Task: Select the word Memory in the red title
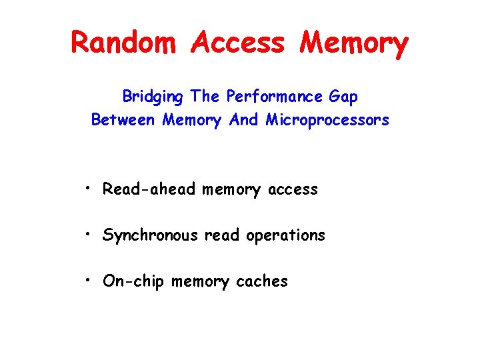tap(353, 43)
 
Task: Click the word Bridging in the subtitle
tap(152, 97)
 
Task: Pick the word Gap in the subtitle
tap(344, 97)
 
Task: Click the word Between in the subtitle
tap(124, 120)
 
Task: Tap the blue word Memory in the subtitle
tap(191, 121)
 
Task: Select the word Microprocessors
tap(327, 121)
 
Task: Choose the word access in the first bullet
tap(292, 190)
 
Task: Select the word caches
tap(262, 281)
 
